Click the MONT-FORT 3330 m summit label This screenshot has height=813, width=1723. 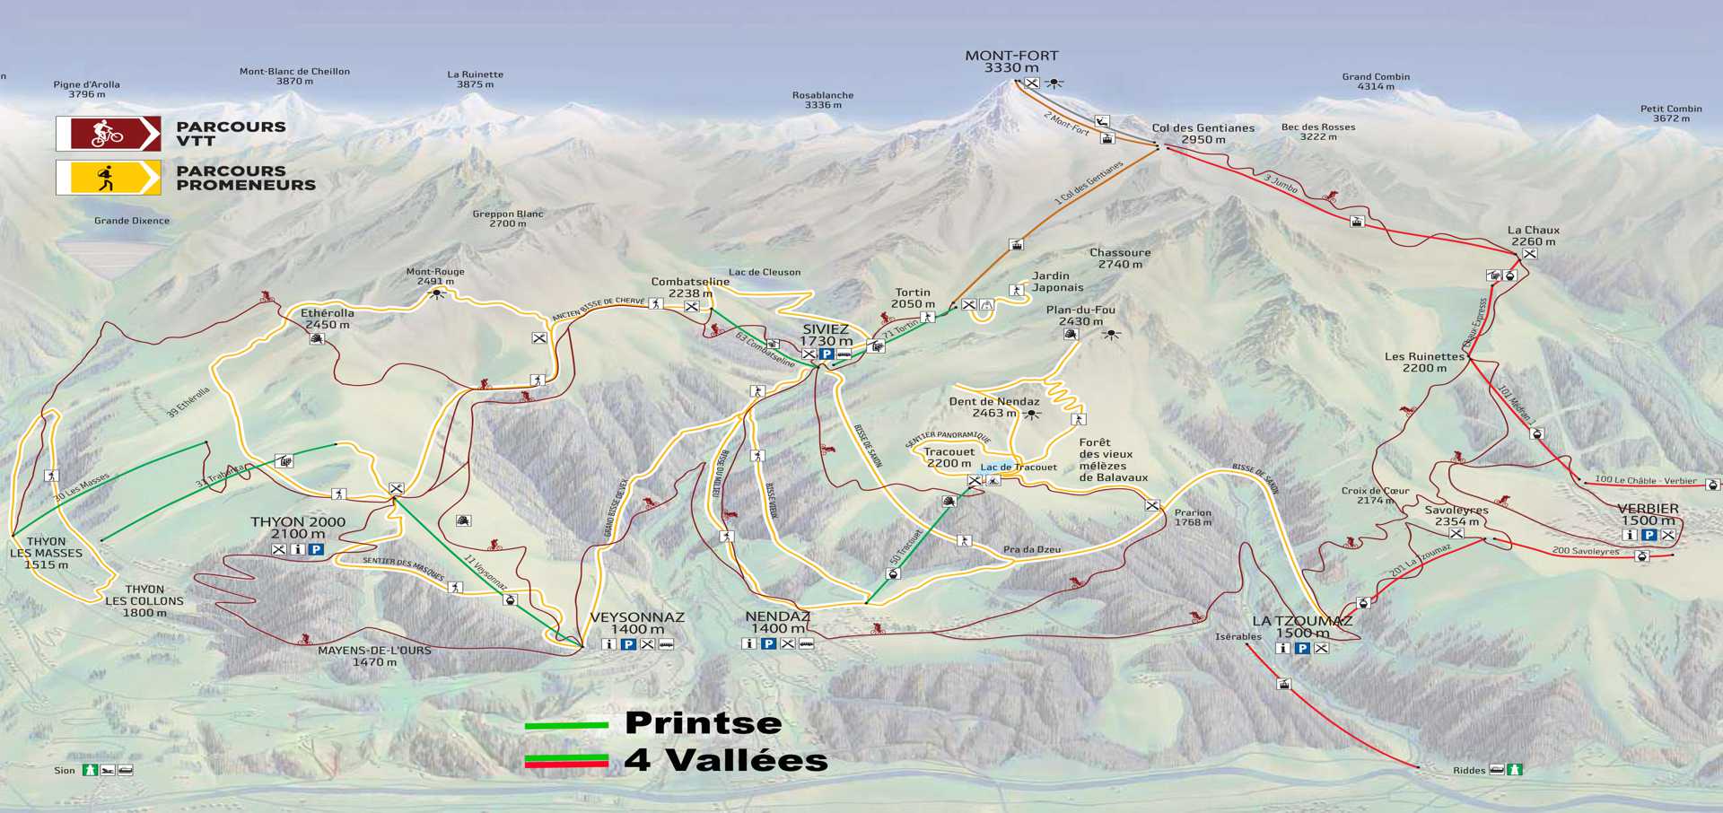pos(1011,62)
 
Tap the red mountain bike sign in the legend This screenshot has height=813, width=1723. pos(109,134)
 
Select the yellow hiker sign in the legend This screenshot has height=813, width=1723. pos(109,178)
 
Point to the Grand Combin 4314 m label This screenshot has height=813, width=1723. pos(1376,82)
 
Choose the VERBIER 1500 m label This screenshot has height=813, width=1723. pos(1648,514)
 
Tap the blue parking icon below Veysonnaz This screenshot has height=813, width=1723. pos(628,644)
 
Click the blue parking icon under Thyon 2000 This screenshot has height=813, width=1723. pos(316,549)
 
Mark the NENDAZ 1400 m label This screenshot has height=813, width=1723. pos(777,623)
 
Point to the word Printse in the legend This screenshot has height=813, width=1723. pos(703,723)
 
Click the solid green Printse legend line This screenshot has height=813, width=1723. pos(566,725)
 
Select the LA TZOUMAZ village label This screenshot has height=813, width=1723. pos(1302,626)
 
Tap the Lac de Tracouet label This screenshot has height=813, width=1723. pos(1019,468)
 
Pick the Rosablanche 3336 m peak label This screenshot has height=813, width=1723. pos(823,100)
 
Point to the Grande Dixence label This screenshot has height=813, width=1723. pos(132,221)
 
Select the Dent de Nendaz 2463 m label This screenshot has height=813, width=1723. pos(994,407)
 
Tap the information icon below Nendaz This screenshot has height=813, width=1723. pos(748,643)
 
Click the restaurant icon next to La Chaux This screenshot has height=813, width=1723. pos(1529,254)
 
